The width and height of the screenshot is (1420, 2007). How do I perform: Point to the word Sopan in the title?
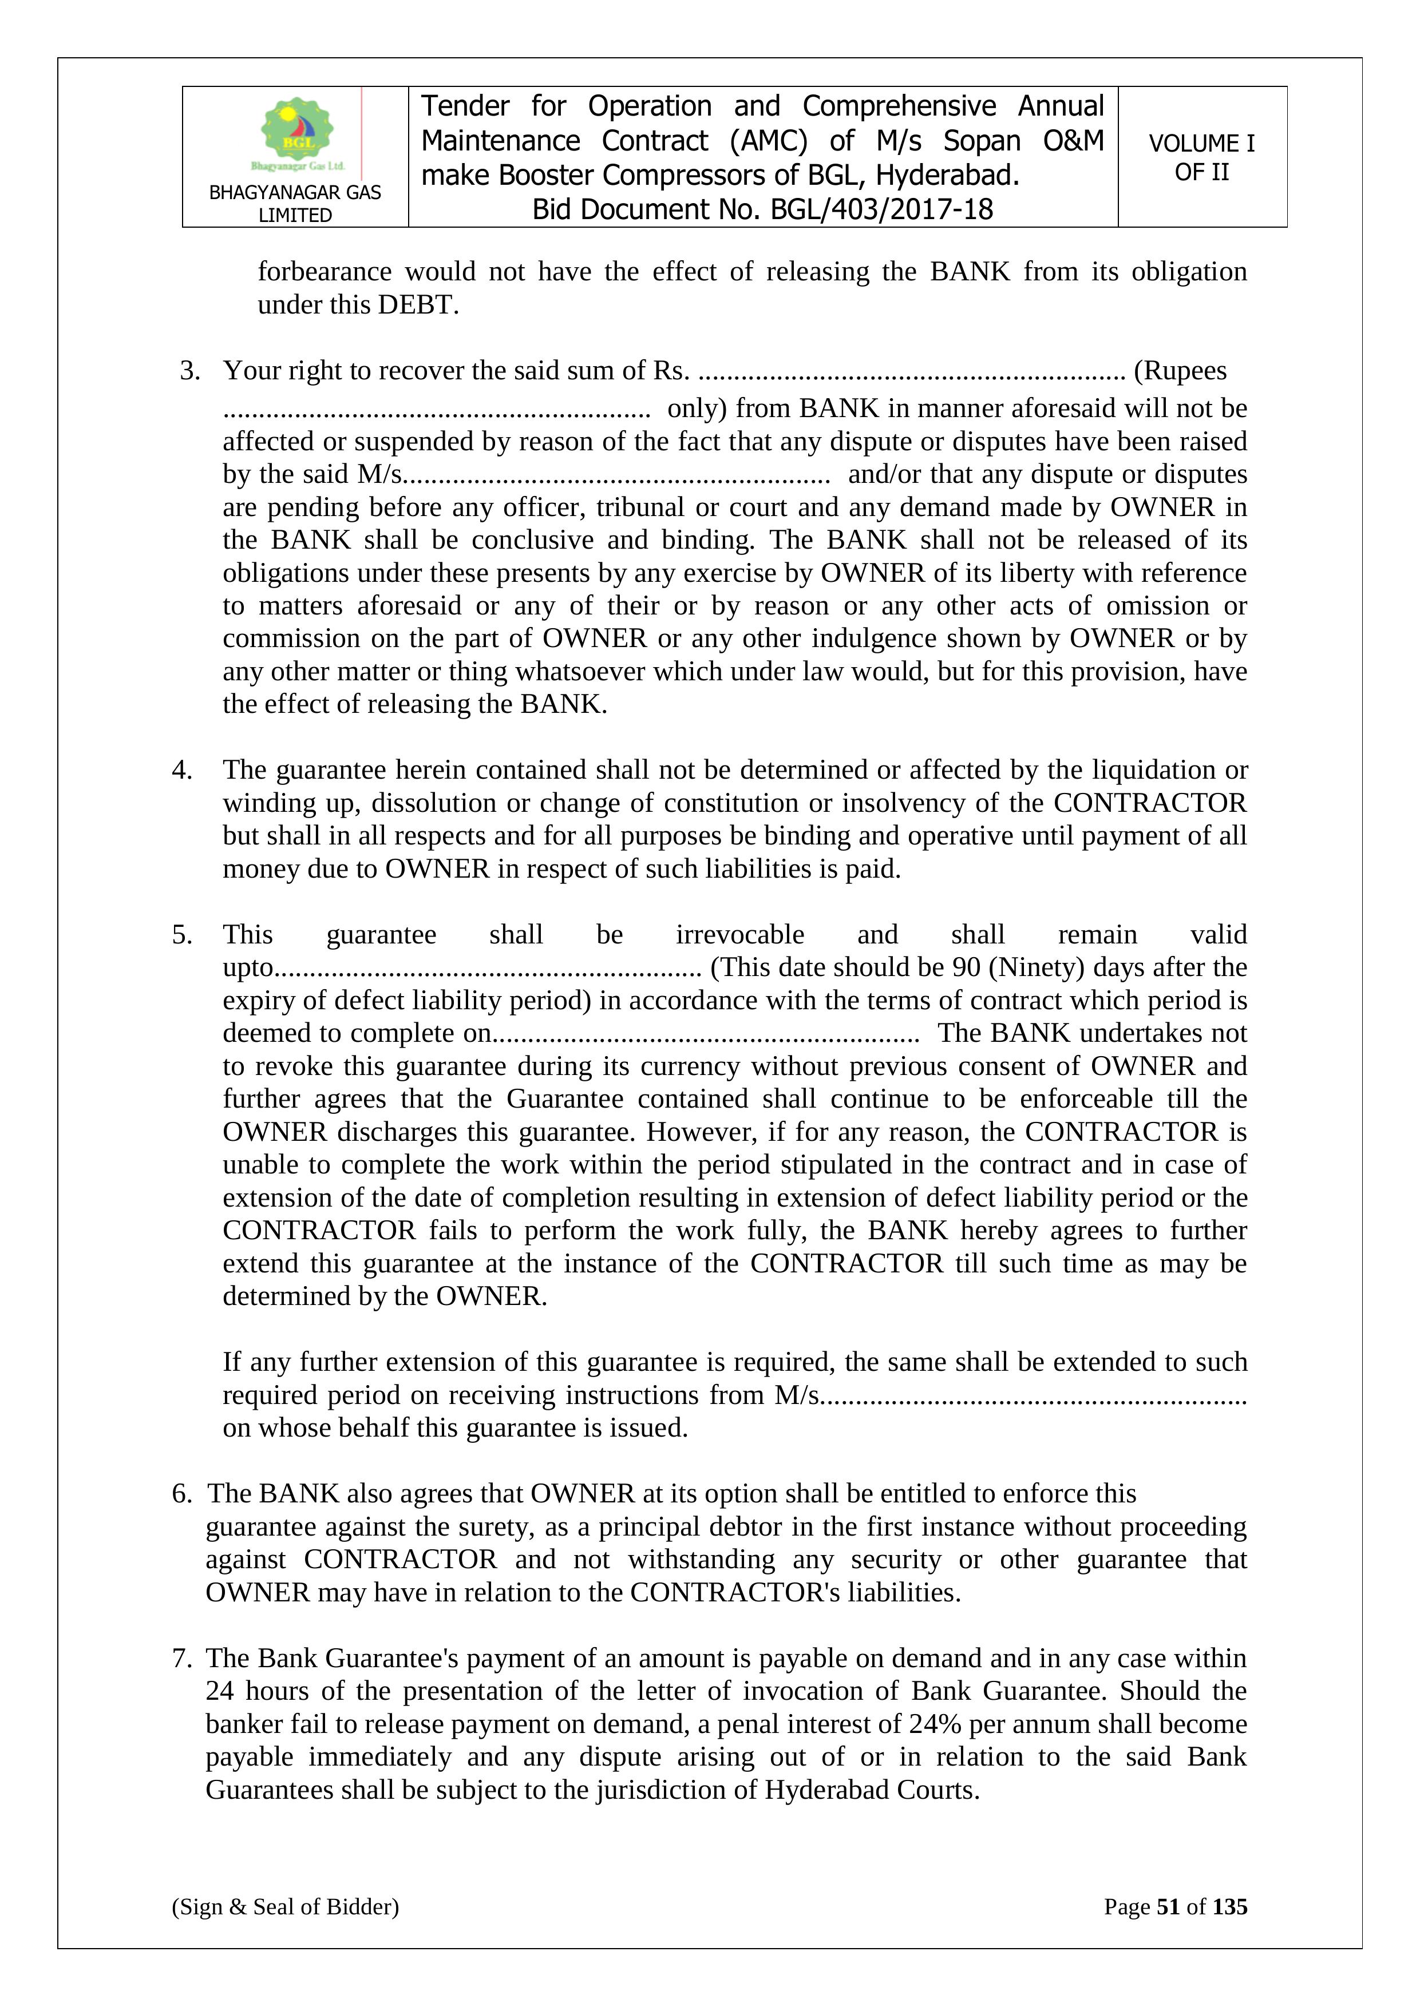981,141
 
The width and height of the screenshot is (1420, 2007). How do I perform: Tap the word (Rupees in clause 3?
1180,371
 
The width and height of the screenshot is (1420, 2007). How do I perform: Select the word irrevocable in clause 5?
739,934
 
